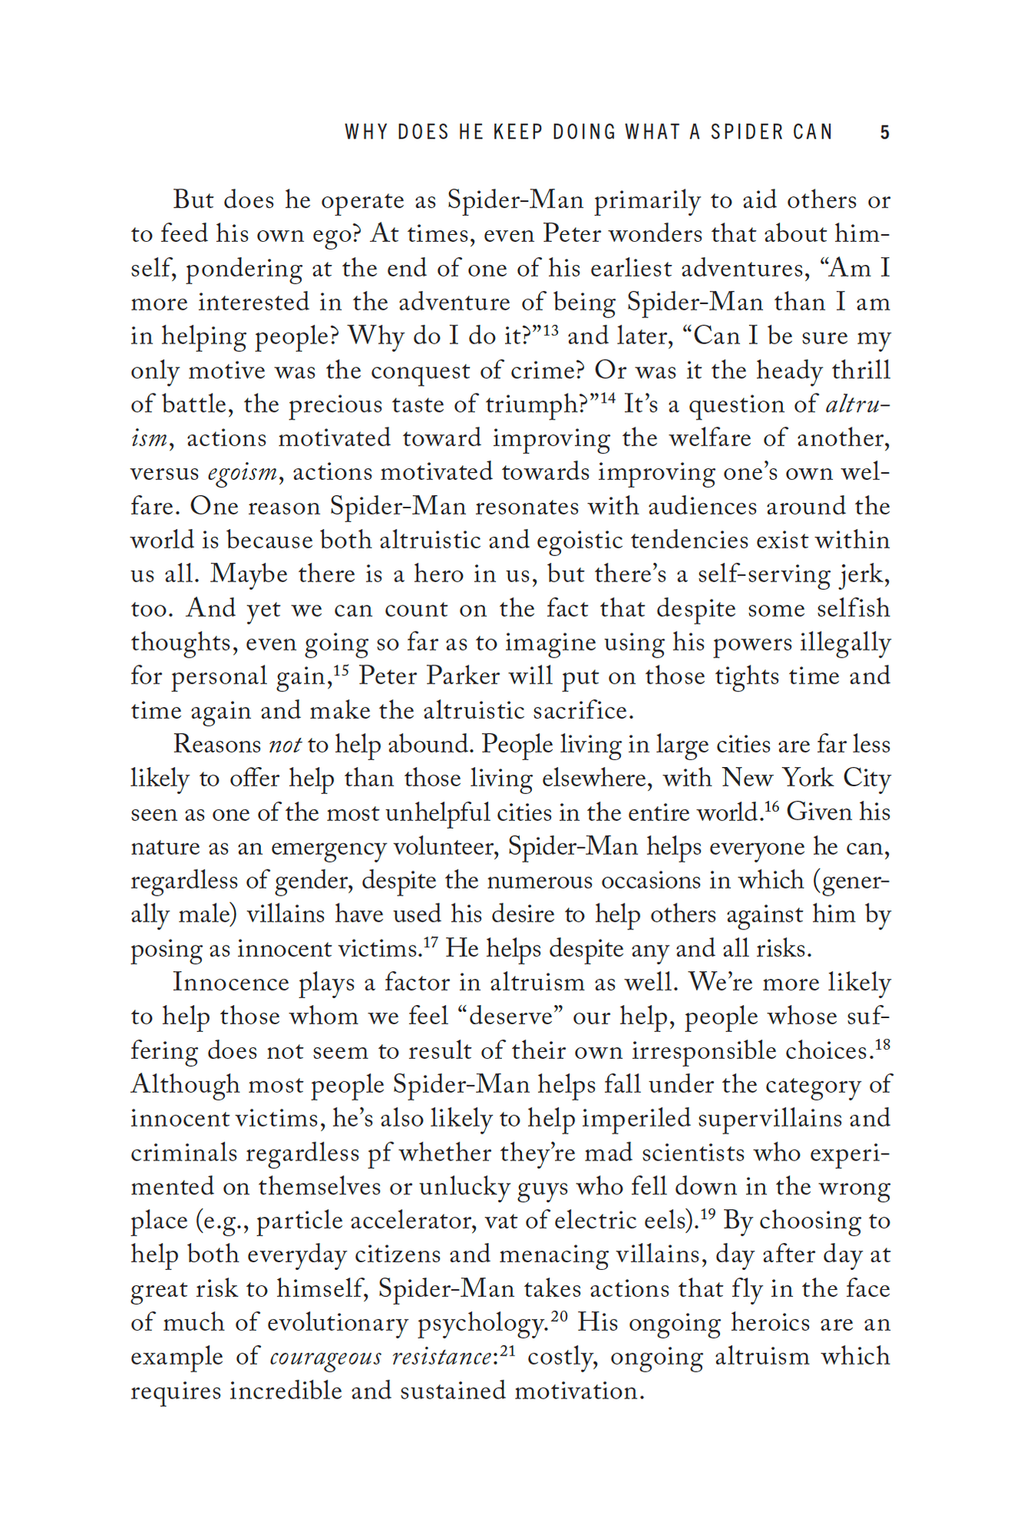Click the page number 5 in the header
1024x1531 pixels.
point(885,132)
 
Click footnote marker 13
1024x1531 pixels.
point(550,330)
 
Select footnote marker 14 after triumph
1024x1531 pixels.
point(608,398)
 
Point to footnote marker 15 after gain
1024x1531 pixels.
point(342,670)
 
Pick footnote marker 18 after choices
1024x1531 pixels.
point(882,1044)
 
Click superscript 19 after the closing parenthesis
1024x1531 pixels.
point(708,1214)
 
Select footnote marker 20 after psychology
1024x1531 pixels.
point(560,1316)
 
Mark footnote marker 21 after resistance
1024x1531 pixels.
point(507,1350)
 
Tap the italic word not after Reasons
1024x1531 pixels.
point(285,745)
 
